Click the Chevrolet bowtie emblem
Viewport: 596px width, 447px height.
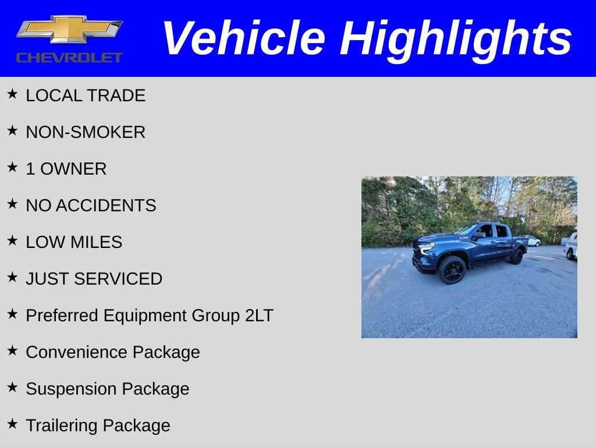[69, 29]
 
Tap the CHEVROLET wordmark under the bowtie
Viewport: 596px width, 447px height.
[69, 57]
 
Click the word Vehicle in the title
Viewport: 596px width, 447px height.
[243, 38]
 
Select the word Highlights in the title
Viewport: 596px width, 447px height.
[456, 38]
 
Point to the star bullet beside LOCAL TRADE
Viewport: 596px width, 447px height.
[12, 94]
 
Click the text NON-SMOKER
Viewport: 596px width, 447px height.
[86, 132]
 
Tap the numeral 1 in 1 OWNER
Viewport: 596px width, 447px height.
[30, 169]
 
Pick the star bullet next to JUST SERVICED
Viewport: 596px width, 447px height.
[12, 277]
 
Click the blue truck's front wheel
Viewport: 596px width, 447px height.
[452, 270]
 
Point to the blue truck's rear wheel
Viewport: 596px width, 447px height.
[516, 257]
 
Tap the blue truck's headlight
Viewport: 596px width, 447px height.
[427, 247]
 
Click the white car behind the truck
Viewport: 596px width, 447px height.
[533, 240]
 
